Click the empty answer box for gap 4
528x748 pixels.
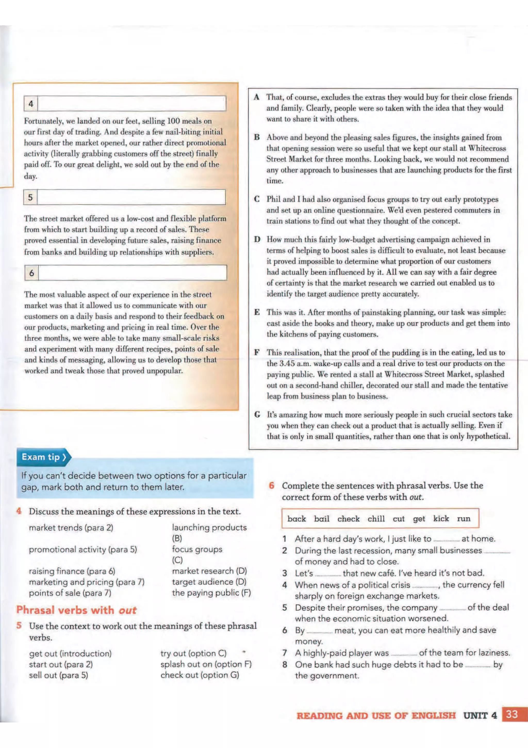tap(131, 104)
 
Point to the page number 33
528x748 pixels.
tap(512, 714)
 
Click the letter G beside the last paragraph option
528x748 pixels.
tap(257, 415)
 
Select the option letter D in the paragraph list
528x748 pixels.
tap(257, 240)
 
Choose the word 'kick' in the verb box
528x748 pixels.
tap(441, 518)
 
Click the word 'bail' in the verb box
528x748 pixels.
tap(321, 519)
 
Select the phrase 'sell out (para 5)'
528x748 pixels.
tap(59, 675)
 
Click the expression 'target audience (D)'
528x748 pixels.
tap(209, 582)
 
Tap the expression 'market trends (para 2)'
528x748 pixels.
tap(71, 527)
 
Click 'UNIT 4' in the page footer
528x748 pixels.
tap(480, 715)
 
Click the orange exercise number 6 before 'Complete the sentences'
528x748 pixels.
tap(272, 486)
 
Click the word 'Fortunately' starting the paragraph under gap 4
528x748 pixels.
tap(43, 121)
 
